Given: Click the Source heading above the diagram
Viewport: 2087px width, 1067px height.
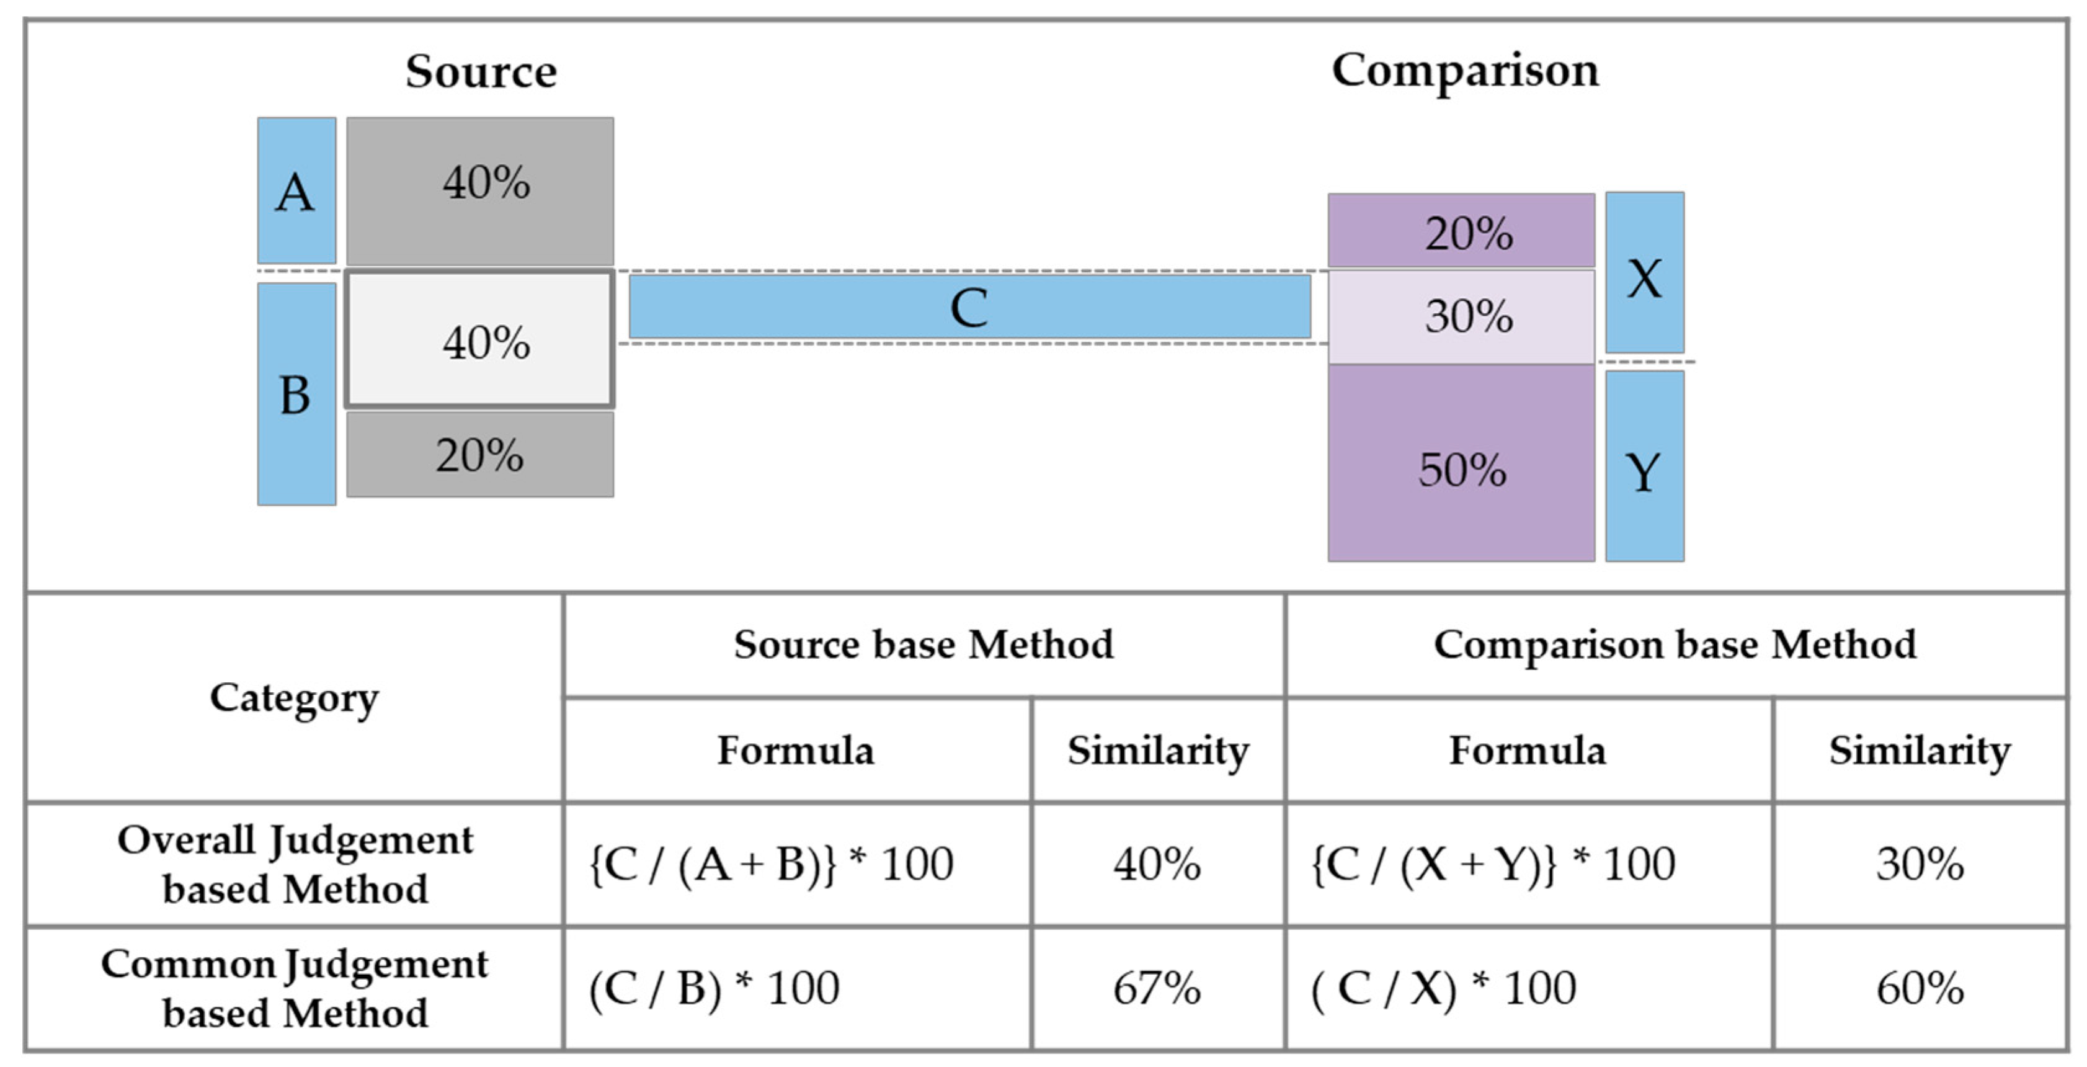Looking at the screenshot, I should (x=481, y=71).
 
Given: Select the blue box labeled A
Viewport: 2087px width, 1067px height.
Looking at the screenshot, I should (x=296, y=191).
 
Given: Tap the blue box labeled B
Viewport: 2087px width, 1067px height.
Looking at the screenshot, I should (x=296, y=395).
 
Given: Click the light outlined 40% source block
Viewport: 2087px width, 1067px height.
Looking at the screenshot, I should (x=479, y=339).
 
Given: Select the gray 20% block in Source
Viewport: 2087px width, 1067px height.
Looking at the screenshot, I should (x=479, y=455).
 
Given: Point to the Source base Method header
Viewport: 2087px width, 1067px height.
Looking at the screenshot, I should (x=923, y=645).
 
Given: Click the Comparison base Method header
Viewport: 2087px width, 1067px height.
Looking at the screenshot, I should (x=1675, y=645).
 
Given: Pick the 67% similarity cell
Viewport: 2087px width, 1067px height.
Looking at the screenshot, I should (x=1157, y=988).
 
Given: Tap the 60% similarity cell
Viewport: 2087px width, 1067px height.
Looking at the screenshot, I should (x=1920, y=988).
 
